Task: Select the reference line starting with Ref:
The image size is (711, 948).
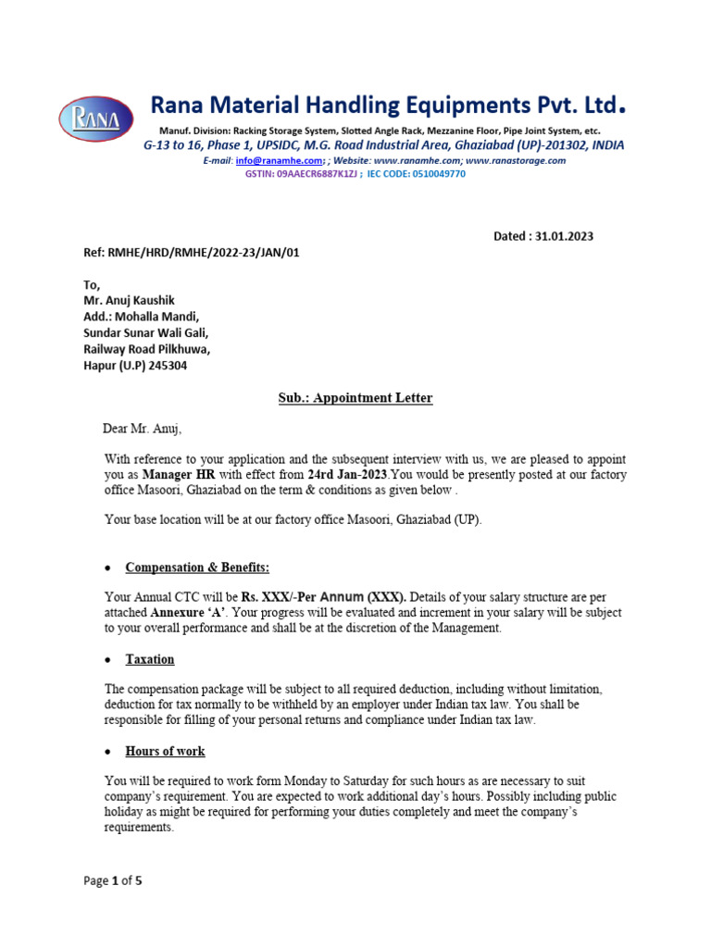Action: click(x=192, y=253)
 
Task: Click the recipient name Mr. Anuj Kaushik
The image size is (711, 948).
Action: click(x=130, y=300)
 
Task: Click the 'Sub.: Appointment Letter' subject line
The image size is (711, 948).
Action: click(x=355, y=398)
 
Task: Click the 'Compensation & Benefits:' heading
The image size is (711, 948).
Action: click(x=197, y=568)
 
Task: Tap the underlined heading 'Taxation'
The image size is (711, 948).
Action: click(x=150, y=659)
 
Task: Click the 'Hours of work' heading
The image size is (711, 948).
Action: click(x=166, y=751)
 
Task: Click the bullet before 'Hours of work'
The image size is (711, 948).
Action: click(x=108, y=752)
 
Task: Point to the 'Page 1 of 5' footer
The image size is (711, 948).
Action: click(x=113, y=880)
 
